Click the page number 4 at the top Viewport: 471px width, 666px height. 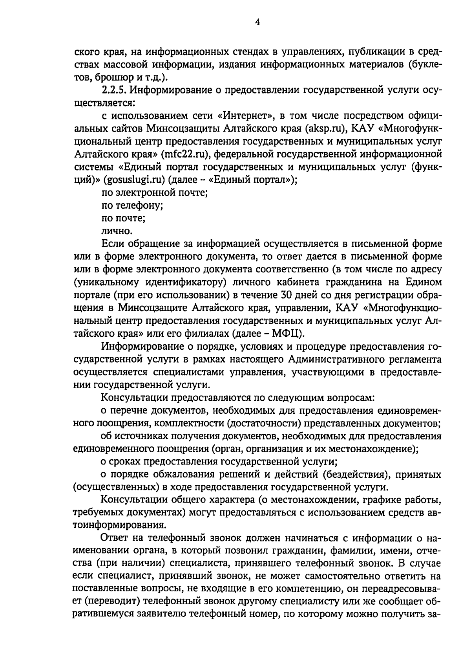[257, 22]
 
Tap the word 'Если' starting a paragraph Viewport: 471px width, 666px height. [113, 244]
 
